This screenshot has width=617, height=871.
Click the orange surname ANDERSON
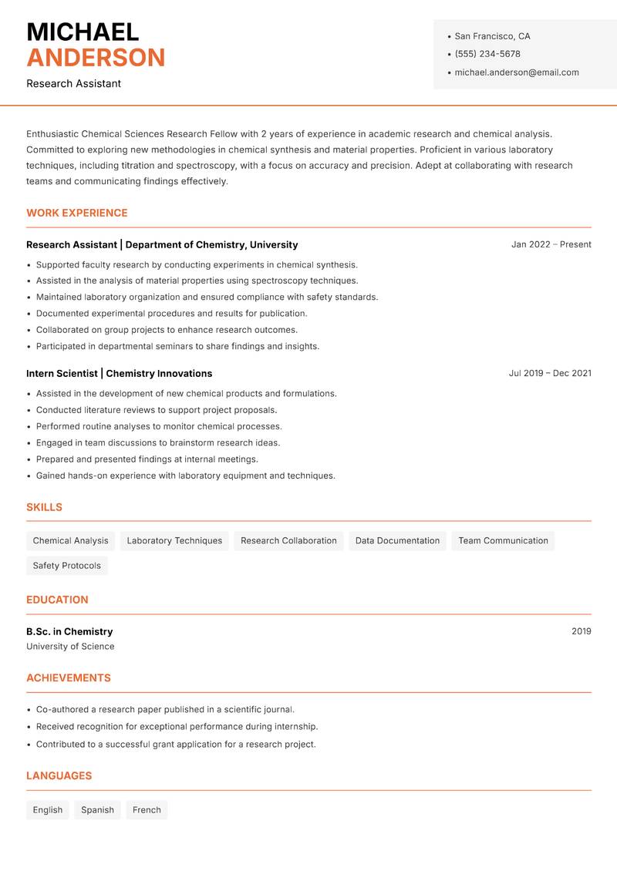(96, 58)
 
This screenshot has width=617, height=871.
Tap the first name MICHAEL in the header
(83, 32)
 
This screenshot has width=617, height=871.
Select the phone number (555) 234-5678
(487, 54)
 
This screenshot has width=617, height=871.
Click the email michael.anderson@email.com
(517, 72)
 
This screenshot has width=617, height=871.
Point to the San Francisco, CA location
(492, 36)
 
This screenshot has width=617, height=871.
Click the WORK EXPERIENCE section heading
(77, 213)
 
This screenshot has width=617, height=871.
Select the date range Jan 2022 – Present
(551, 244)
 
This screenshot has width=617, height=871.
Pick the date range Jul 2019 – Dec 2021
(550, 373)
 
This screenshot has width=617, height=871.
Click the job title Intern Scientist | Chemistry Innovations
(119, 373)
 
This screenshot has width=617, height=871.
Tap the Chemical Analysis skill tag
(71, 540)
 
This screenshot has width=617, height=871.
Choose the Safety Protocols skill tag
(67, 566)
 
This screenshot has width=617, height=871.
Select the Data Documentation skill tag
(397, 540)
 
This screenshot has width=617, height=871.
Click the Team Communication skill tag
(503, 540)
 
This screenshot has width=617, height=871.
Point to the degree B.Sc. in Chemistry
(69, 631)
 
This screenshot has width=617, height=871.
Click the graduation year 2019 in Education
(581, 631)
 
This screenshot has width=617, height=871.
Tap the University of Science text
(70, 647)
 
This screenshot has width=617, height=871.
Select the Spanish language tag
(97, 810)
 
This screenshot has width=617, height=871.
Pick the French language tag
(147, 810)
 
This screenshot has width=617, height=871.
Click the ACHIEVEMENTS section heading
(69, 678)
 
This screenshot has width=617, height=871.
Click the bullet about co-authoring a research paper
(165, 709)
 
